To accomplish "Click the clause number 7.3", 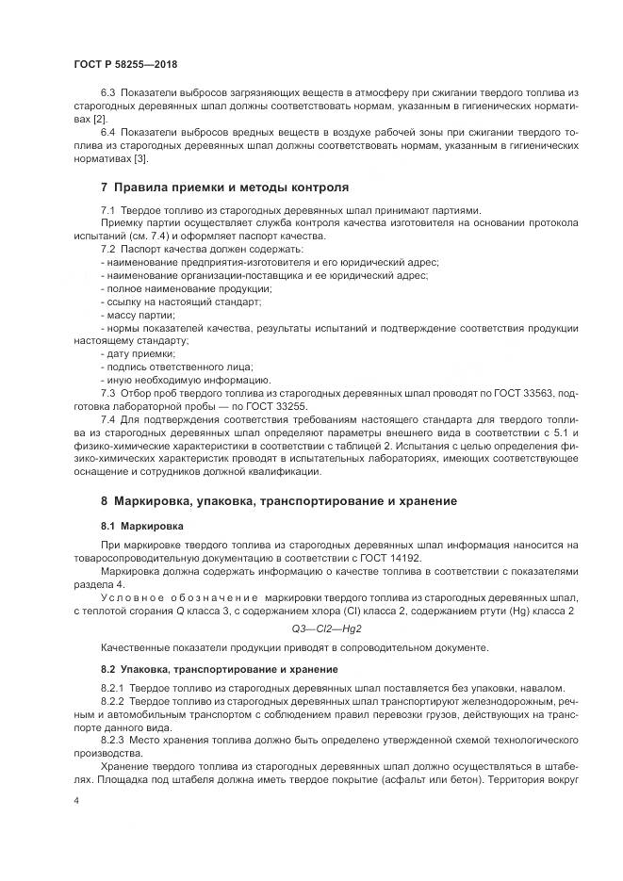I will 108,389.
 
